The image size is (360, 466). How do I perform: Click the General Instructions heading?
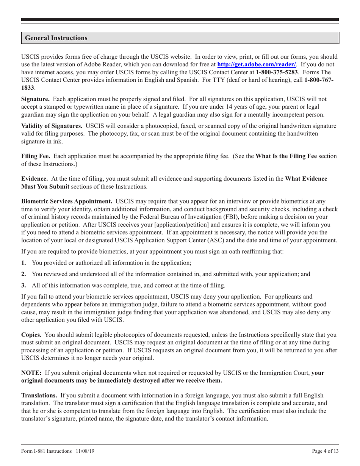56,38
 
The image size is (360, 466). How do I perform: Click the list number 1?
23,263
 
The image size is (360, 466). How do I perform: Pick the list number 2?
23,274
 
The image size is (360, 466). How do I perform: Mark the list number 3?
23,285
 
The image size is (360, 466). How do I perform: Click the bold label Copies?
33,335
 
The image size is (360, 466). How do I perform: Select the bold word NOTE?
31,373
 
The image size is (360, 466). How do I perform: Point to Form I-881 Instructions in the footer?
46,451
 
